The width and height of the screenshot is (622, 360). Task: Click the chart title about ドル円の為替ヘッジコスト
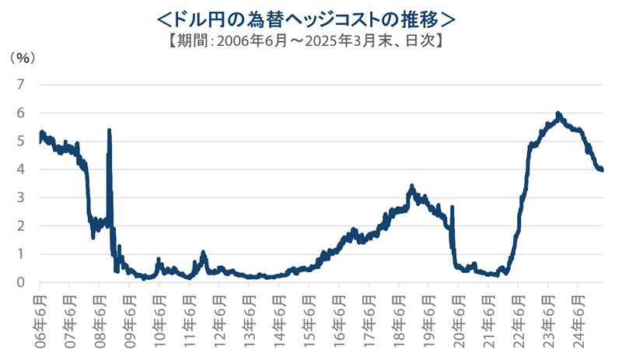coord(311,17)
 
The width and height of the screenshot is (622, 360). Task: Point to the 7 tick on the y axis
coord(21,84)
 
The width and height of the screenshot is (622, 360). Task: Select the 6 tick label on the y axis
coord(21,113)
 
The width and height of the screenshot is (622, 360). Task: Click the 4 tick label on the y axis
coord(21,169)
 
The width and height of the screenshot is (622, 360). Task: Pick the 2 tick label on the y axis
coord(21,225)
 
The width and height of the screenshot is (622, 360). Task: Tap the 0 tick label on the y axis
coord(21,282)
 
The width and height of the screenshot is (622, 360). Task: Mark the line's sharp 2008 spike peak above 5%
coord(109,131)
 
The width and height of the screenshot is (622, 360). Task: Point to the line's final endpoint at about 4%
coord(602,170)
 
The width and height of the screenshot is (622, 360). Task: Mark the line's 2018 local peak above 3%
coord(412,187)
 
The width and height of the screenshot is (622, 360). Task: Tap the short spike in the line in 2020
coord(453,208)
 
